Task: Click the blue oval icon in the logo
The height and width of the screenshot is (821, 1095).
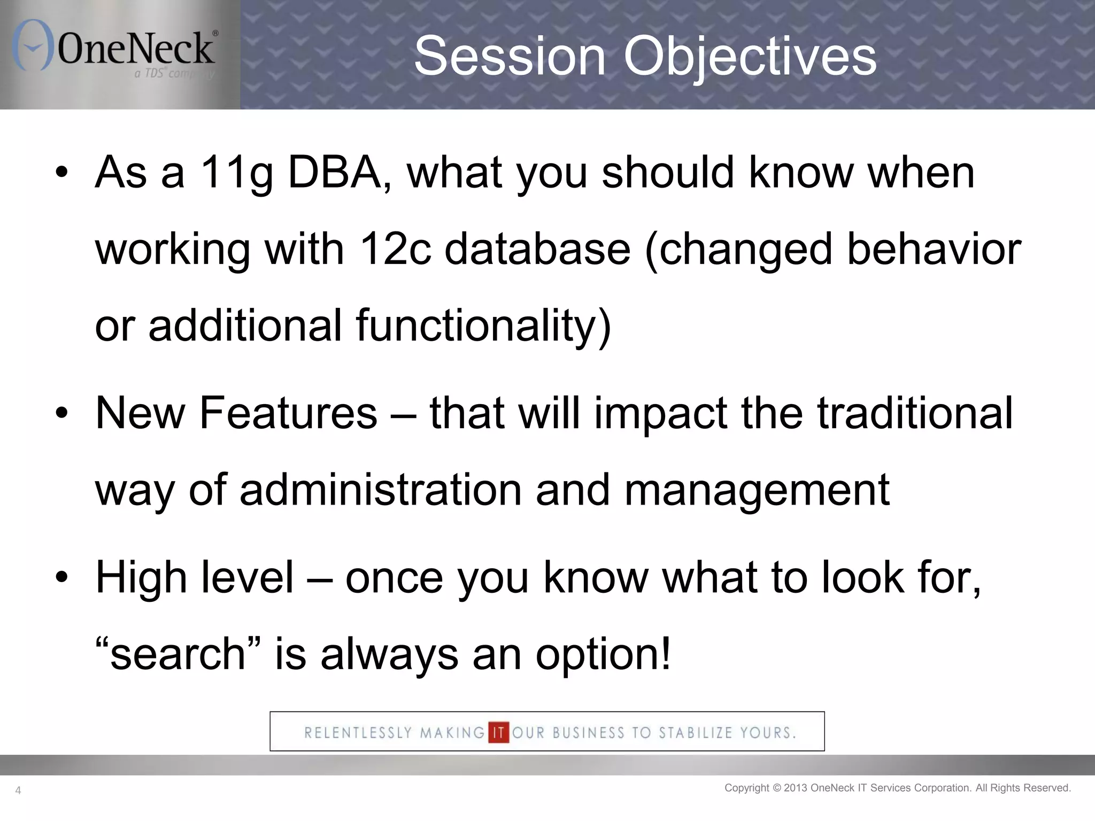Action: pos(33,45)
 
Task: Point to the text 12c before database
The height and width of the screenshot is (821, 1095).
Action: pos(395,250)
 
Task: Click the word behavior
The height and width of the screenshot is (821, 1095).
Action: pos(934,250)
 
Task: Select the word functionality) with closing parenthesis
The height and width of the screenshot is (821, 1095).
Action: pos(483,326)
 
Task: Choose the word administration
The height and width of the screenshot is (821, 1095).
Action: pos(381,490)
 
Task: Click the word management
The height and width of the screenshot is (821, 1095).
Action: pos(757,490)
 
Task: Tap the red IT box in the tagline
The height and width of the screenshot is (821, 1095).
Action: pos(498,732)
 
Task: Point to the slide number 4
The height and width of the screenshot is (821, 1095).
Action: pos(18,791)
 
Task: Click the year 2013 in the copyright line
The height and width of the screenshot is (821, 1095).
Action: pos(796,788)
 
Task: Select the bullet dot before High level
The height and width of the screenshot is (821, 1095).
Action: pos(62,578)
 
